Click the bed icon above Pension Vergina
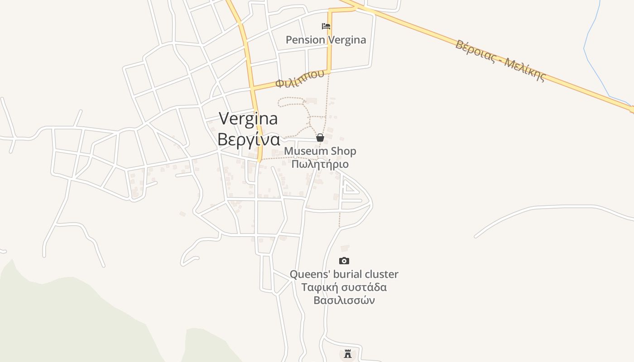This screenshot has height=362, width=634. click(326, 26)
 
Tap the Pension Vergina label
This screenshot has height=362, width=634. click(326, 40)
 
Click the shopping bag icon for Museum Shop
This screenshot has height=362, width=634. click(320, 138)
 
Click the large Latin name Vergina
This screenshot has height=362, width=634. click(248, 119)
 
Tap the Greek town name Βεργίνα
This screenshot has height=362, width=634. click(248, 139)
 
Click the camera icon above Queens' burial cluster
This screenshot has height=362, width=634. click(344, 261)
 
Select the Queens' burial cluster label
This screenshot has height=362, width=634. click(344, 274)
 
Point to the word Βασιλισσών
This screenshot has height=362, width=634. click(344, 300)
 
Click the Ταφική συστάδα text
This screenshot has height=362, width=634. click(344, 287)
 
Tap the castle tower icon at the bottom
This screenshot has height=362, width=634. click(348, 353)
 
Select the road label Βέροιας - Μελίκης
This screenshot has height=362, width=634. click(500, 60)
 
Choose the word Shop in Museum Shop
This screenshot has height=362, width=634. click(344, 151)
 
